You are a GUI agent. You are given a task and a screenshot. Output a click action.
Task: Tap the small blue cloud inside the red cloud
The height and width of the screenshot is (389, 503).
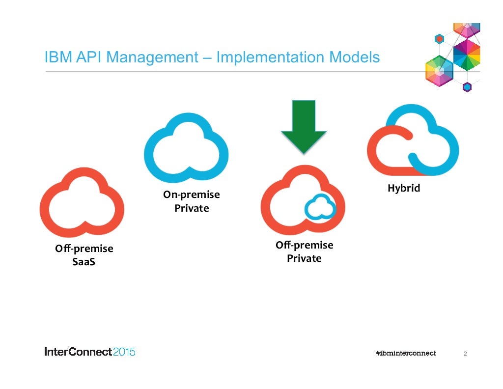pos(320,208)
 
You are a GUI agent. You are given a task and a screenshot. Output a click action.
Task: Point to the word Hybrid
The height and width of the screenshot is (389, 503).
pos(404,188)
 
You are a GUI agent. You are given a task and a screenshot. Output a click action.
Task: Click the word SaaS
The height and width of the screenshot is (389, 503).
pos(84,262)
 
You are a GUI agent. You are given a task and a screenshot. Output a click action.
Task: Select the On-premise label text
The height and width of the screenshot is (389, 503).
pos(192,195)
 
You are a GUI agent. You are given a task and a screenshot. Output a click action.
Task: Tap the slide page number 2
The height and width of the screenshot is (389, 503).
pos(465,353)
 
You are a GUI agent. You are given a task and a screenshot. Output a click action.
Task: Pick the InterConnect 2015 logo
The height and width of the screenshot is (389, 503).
pos(89,352)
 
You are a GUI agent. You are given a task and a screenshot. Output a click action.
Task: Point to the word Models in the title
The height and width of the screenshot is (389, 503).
pos(354,57)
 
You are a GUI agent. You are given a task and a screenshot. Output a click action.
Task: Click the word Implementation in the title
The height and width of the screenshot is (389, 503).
pos(270,57)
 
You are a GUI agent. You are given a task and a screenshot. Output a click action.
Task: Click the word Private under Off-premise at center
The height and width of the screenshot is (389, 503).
pos(304,258)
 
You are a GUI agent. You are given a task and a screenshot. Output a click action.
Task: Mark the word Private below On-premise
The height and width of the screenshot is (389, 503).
pos(192,208)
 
